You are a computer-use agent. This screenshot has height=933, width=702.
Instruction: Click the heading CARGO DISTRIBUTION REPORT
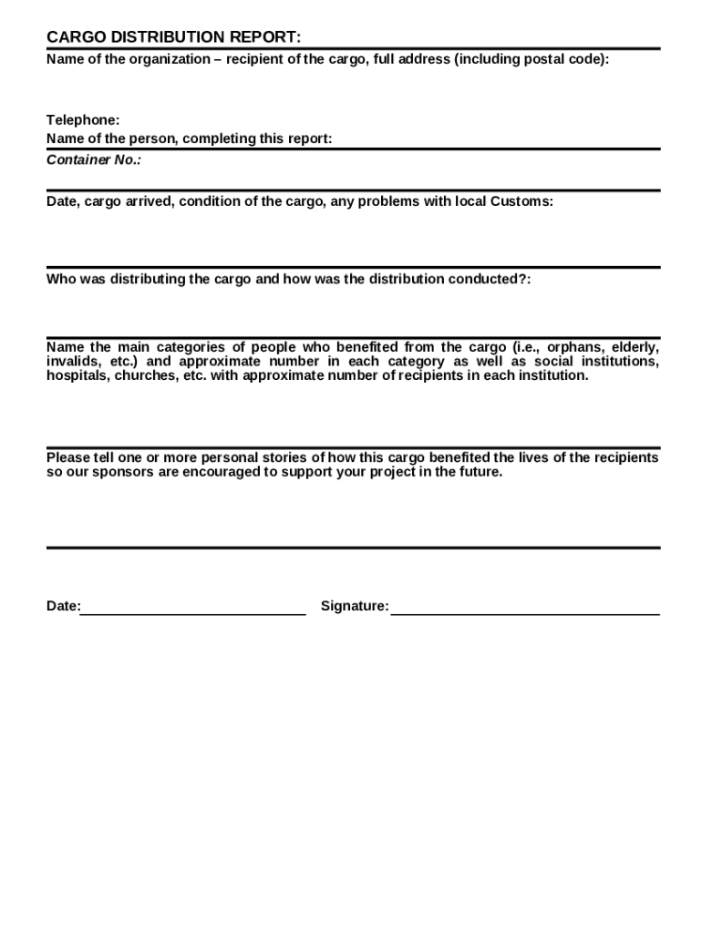coord(173,37)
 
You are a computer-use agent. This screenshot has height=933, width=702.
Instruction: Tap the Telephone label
coord(83,120)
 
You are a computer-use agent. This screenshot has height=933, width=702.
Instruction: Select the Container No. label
coord(94,160)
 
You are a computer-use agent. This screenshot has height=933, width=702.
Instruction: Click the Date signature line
coord(193,614)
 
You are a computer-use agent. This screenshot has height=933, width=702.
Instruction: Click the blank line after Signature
coord(525,614)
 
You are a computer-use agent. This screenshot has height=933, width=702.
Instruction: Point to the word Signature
coord(355,607)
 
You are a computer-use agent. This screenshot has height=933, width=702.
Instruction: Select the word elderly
coord(635,347)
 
